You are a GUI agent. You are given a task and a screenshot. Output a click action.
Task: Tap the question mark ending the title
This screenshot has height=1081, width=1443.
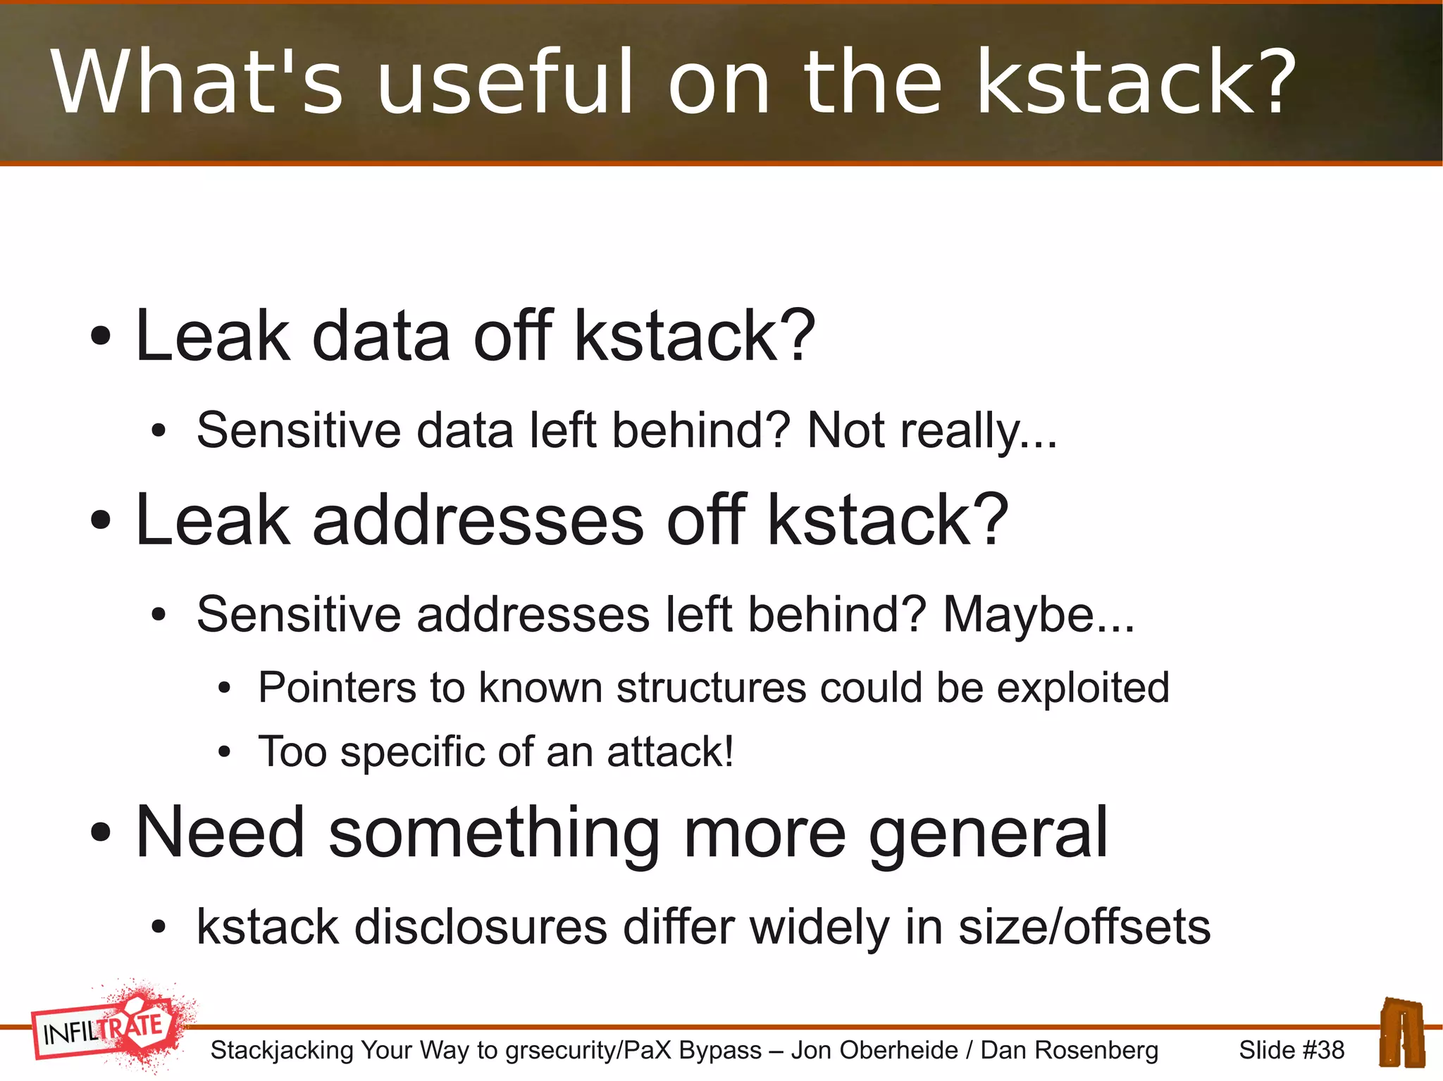click(1273, 82)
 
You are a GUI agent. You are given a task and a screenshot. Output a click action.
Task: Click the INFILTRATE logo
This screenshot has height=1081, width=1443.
click(109, 1027)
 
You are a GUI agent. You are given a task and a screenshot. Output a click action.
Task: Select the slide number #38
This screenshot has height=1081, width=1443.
click(1292, 1050)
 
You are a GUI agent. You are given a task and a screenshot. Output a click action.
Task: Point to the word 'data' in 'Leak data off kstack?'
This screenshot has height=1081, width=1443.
click(381, 337)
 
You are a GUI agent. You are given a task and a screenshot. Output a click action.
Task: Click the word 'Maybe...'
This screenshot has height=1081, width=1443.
click(1038, 615)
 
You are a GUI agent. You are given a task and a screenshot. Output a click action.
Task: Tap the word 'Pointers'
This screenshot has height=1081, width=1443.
click(337, 687)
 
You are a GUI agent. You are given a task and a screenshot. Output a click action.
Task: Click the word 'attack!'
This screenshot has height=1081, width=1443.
click(670, 751)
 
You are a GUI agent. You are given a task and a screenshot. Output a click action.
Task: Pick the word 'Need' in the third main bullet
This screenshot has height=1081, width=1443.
click(220, 833)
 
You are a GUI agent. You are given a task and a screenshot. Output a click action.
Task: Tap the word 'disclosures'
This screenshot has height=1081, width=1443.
click(481, 927)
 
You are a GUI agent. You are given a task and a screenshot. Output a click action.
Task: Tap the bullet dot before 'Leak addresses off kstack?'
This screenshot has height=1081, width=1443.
click(101, 520)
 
